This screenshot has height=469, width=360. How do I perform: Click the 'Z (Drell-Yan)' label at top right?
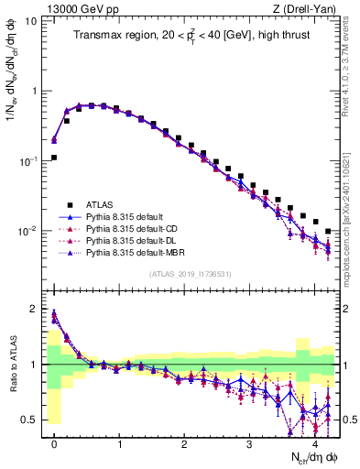307,8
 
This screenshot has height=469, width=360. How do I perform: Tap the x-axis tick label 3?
249,443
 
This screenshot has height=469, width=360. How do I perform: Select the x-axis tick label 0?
54,443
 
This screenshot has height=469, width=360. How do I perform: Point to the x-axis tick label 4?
314,443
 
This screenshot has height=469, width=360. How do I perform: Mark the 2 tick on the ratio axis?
35,309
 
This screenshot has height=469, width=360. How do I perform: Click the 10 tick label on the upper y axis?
31,21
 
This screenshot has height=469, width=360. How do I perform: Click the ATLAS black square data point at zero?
54,158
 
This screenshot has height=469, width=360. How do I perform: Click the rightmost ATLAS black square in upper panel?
328,231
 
